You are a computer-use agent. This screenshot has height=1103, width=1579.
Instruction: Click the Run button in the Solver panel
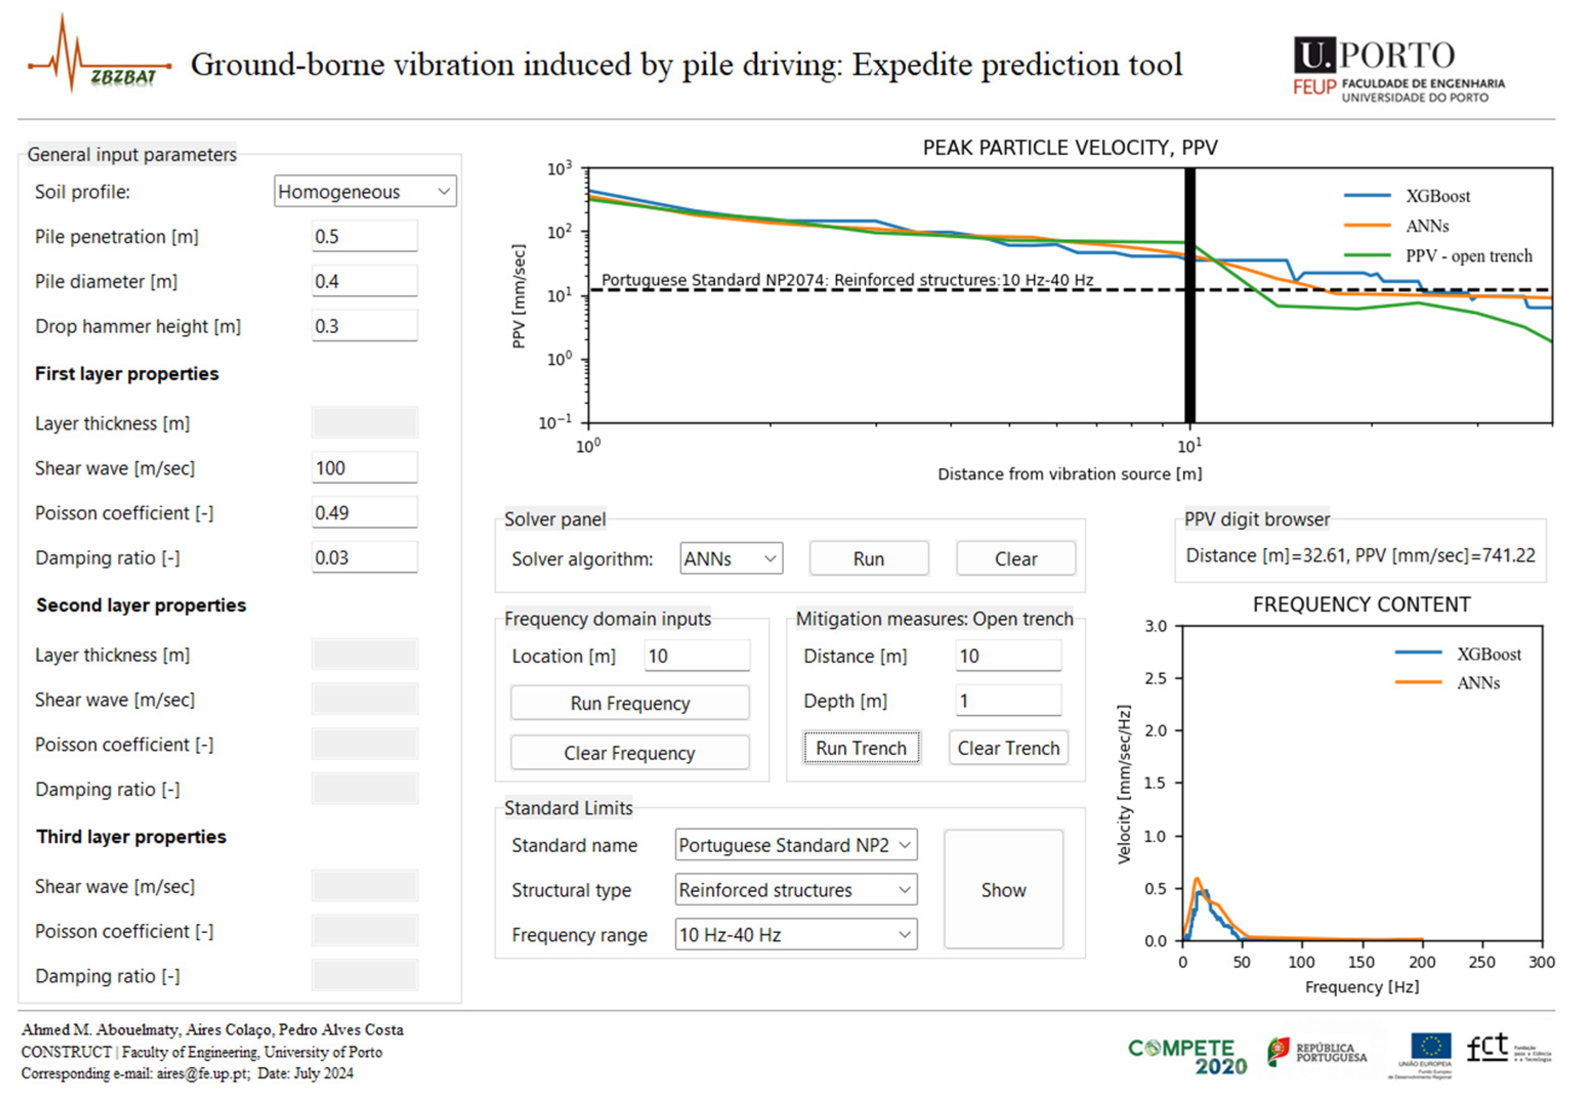click(x=868, y=558)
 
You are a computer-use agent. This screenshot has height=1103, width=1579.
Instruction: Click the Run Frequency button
click(x=629, y=703)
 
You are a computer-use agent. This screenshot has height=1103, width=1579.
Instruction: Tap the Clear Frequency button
click(x=629, y=753)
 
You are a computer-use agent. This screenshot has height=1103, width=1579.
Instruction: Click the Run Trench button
click(x=861, y=748)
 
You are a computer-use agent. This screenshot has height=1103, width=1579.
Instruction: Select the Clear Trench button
click(x=1008, y=748)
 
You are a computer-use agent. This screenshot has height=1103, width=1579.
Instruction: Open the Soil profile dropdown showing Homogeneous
click(x=365, y=191)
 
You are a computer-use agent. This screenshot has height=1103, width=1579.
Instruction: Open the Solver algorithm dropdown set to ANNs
click(x=731, y=558)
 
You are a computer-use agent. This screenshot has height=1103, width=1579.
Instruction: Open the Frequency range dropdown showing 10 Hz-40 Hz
click(x=796, y=935)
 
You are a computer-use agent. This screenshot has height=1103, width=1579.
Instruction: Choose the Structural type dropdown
click(x=796, y=890)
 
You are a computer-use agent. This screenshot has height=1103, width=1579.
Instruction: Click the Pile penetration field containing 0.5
click(x=365, y=236)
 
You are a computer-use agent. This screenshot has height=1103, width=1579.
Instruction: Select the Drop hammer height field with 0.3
click(x=365, y=326)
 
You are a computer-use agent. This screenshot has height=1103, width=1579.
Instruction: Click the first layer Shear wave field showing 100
click(x=365, y=468)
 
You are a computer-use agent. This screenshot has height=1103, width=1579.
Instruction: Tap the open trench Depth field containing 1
click(x=1008, y=701)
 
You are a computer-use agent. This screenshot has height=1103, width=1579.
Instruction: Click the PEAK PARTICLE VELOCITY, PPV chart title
click(x=1070, y=148)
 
